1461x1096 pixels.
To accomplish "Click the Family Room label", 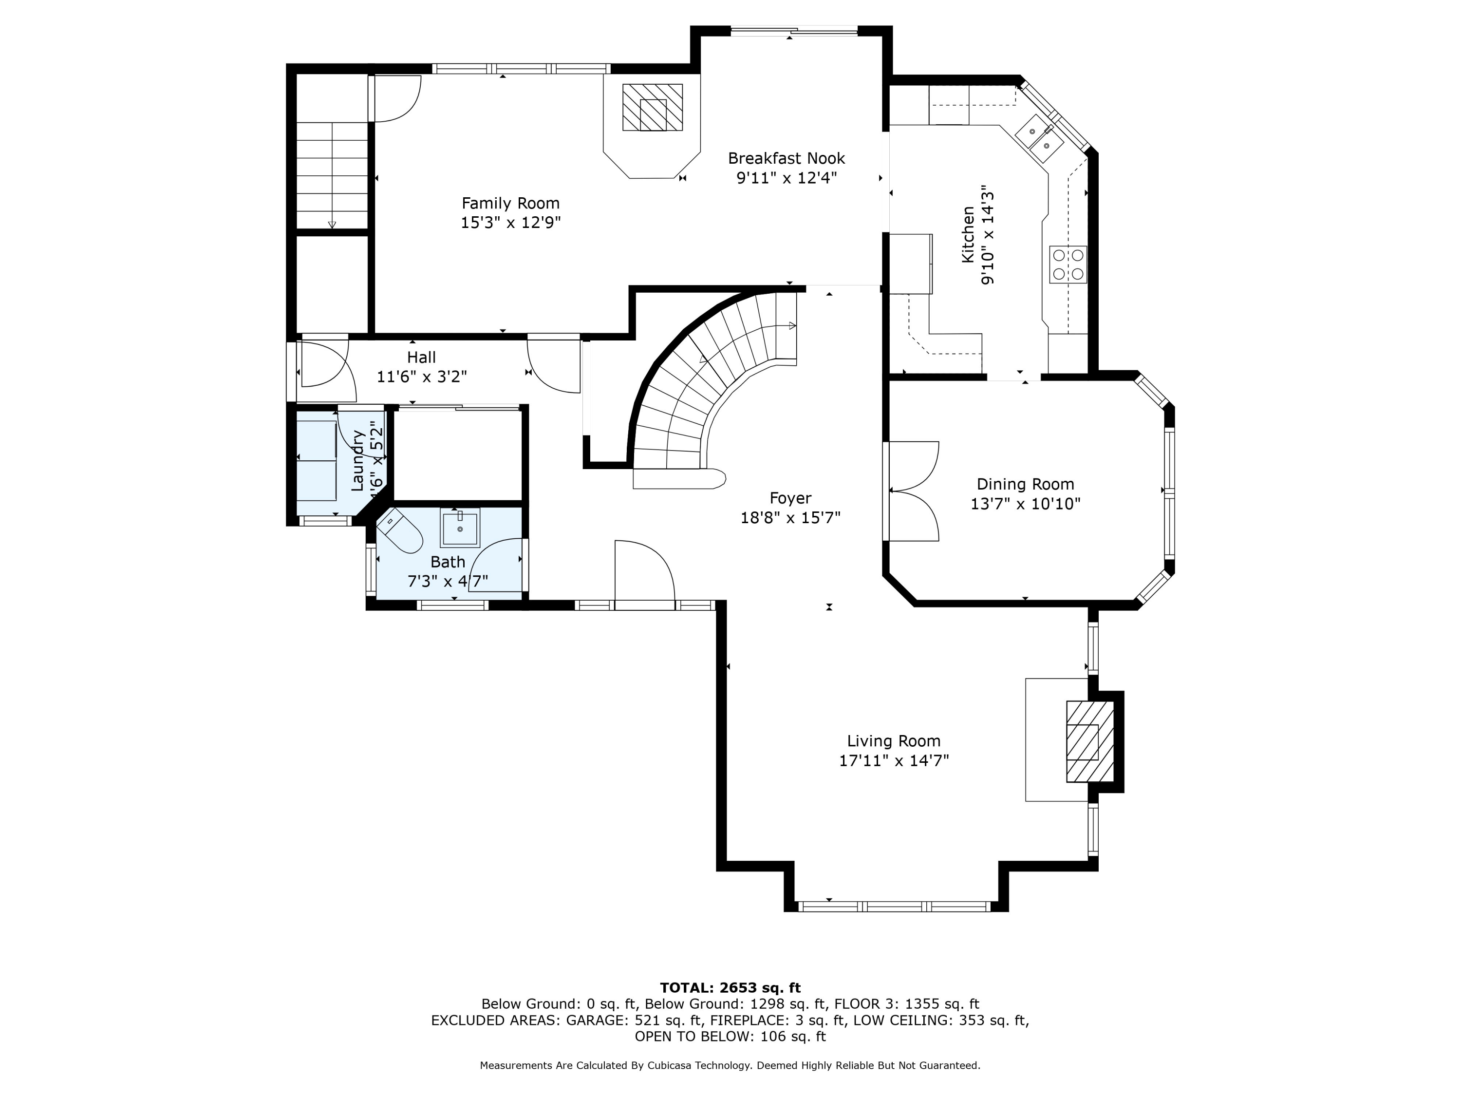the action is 510,203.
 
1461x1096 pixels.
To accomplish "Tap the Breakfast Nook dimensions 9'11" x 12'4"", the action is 787,178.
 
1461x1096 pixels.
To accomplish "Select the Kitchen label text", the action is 968,234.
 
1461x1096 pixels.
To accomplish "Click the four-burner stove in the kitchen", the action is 1068,264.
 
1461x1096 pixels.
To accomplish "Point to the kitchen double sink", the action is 1039,138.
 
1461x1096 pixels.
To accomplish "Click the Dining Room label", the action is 1025,484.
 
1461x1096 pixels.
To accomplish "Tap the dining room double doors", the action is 912,491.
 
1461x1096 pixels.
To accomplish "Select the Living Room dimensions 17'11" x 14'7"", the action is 894,760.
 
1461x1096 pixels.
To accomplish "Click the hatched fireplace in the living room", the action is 1090,741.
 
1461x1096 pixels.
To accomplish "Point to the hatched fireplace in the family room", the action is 653,107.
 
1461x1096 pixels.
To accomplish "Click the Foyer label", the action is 790,498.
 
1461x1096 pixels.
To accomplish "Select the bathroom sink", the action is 460,529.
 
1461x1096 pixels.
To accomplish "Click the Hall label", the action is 421,358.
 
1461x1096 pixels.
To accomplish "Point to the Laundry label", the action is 357,460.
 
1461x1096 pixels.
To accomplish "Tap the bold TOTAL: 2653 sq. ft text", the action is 730,988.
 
